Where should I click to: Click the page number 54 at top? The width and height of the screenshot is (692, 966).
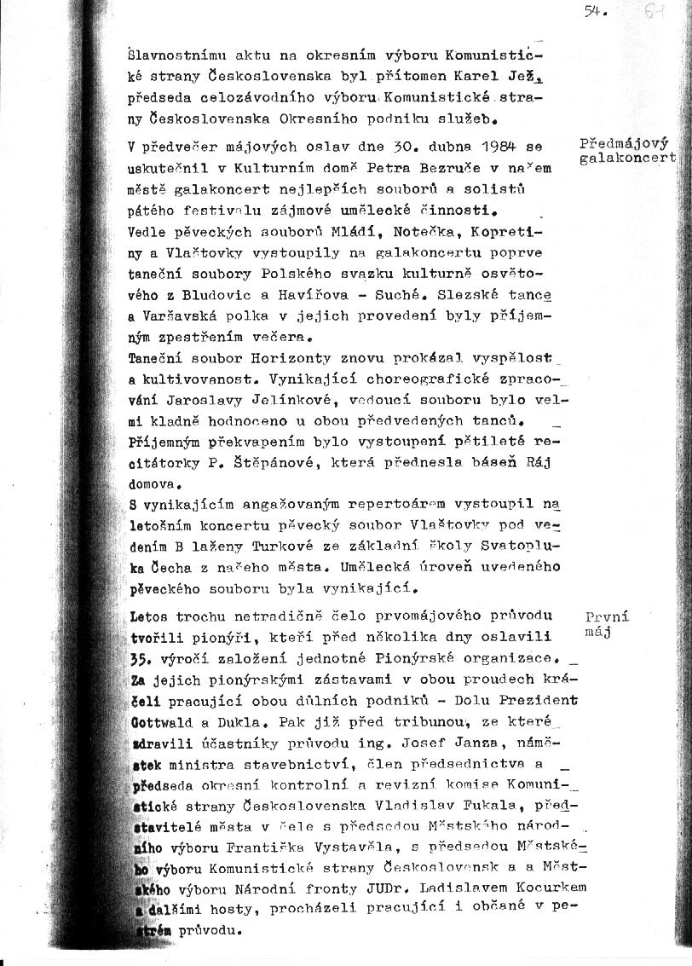click(594, 11)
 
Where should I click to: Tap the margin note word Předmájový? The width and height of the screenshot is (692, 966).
click(624, 143)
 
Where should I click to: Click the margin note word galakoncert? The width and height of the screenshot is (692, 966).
click(627, 158)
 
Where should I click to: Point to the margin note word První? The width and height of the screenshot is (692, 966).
click(608, 616)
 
